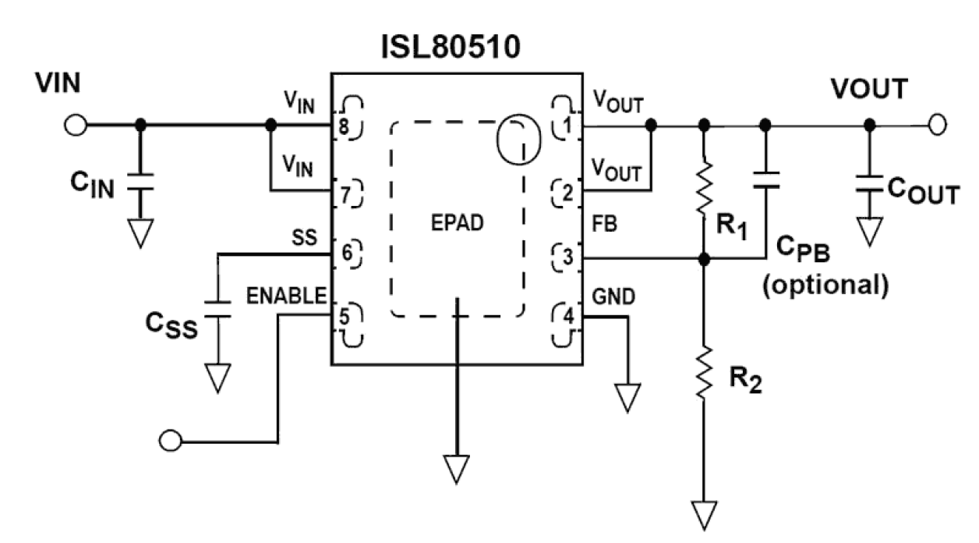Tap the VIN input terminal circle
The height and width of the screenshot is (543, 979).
point(76,125)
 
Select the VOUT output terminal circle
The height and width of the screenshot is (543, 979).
point(938,125)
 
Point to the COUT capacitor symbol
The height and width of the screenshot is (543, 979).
point(869,184)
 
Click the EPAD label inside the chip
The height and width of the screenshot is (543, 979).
point(458,222)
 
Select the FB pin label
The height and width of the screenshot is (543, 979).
point(604,225)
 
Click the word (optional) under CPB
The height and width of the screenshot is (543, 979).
point(825,286)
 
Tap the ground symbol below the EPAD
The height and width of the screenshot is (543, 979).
point(457,468)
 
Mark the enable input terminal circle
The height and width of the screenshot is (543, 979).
point(168,441)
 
